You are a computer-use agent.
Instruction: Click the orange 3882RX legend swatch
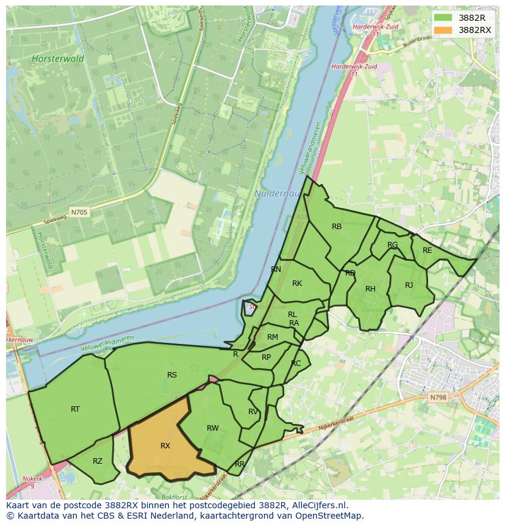(x=443, y=30)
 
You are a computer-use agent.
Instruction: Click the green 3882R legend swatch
(x=443, y=18)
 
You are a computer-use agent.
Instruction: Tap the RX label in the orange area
(x=165, y=446)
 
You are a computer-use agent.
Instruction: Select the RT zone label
(x=75, y=409)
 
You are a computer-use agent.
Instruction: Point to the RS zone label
(x=172, y=375)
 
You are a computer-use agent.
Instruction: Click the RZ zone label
(x=98, y=461)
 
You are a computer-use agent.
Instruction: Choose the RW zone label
(x=212, y=428)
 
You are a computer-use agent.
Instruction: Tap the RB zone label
(x=337, y=227)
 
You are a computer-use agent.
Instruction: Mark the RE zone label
(x=427, y=250)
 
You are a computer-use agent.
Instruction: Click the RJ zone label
(x=409, y=285)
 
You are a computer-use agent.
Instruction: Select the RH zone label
(x=370, y=289)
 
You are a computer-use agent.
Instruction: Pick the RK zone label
(x=297, y=283)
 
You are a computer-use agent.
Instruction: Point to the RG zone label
(x=392, y=245)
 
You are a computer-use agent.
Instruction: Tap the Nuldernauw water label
(x=274, y=194)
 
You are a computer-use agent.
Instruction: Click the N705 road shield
(x=79, y=213)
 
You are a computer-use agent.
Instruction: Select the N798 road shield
(x=438, y=397)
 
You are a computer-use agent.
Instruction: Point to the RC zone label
(x=296, y=363)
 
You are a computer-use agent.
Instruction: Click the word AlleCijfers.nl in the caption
(x=317, y=505)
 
